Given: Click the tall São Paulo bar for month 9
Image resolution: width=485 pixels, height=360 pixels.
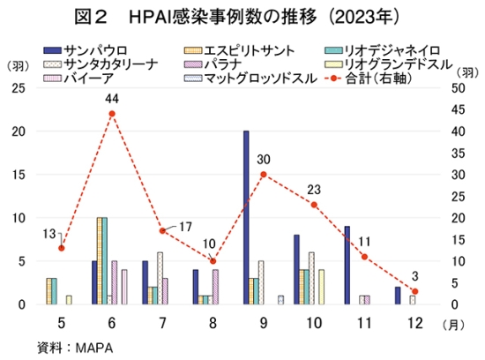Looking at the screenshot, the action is click(246, 218).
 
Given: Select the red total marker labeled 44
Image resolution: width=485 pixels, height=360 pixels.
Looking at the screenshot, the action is click(112, 114).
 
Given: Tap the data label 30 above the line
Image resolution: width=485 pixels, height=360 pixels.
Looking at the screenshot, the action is click(264, 160).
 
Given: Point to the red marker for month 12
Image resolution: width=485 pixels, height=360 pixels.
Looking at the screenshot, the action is click(415, 291).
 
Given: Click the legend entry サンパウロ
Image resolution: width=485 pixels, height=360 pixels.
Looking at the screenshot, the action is click(86, 50).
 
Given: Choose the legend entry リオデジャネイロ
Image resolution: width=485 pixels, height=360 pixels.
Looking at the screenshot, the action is click(383, 50).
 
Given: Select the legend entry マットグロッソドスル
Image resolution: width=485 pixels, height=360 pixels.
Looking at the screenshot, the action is click(250, 79).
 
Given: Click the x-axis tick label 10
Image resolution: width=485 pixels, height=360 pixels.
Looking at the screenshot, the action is click(314, 323).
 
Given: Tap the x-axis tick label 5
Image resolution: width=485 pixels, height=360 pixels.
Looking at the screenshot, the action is click(62, 323).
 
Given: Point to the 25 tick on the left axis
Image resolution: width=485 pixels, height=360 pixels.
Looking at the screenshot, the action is click(19, 88).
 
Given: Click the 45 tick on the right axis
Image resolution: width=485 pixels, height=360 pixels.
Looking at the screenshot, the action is click(458, 110).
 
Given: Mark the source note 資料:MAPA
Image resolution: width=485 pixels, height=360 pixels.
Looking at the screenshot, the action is click(75, 348).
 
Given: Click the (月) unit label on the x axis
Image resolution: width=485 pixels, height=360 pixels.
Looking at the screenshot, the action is click(453, 325).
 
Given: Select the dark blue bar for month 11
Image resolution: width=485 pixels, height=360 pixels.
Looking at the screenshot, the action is click(347, 266).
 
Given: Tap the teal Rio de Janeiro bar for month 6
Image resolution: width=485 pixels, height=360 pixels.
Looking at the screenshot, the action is click(105, 261).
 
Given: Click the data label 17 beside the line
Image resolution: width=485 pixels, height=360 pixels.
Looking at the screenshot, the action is click(185, 227).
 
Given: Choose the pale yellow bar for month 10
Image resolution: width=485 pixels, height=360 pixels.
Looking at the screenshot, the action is click(322, 287).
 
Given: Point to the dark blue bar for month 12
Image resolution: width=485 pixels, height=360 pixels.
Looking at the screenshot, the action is click(398, 296).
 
